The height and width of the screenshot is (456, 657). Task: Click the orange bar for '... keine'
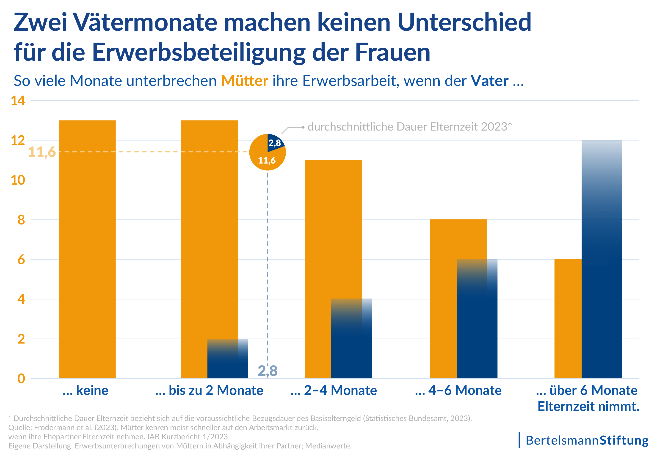tap(87, 249)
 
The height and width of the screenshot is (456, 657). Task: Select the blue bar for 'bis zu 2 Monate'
tap(228, 359)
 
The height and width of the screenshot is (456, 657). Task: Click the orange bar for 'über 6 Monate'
tap(568, 319)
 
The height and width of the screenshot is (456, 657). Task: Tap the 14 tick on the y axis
tap(18, 101)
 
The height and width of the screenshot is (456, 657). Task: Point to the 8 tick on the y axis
tap(21, 220)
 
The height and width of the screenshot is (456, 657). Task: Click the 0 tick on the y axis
tap(21, 379)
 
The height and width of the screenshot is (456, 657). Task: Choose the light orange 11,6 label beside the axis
tap(42, 152)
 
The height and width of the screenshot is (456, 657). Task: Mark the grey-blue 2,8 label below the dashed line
tap(268, 371)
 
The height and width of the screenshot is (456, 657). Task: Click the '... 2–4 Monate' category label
tap(334, 390)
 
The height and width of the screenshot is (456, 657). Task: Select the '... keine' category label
tap(86, 390)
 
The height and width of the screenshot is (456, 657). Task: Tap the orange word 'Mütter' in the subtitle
tap(245, 81)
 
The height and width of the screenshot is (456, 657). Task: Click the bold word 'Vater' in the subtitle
tap(490, 81)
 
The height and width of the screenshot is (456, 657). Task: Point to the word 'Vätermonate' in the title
tap(146, 22)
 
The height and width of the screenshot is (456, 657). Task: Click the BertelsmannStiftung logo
tap(584, 440)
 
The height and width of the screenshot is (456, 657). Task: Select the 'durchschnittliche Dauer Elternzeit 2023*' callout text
tap(410, 127)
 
